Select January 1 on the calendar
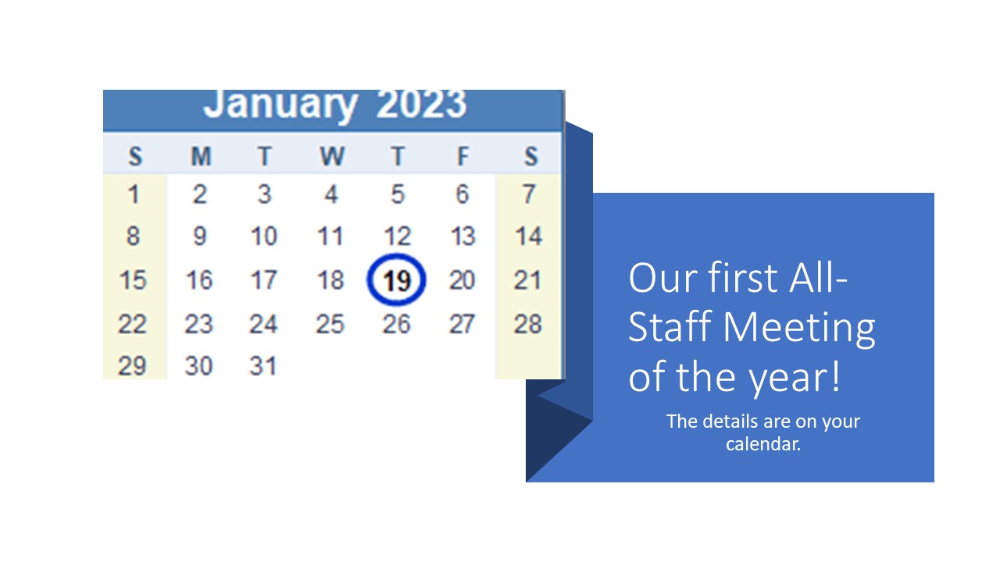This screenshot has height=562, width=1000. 133,194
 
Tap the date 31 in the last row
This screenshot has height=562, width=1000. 263,366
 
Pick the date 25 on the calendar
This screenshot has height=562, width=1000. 330,324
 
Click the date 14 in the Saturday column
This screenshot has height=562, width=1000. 529,237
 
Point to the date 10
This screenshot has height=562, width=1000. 264,237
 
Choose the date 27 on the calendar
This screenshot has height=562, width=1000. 462,324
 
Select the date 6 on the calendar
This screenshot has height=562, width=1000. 462,194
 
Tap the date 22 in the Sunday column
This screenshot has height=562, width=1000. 132,324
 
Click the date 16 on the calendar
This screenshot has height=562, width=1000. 199,280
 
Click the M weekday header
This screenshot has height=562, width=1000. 201,157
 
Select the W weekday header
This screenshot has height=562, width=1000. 332,157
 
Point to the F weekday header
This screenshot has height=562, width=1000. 463,157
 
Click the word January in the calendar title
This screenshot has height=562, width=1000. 280,105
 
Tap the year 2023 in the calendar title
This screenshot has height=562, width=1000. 421,105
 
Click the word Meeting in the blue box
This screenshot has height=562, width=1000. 799,329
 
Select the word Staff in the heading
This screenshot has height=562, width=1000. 670,326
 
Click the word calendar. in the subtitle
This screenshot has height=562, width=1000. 763,444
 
